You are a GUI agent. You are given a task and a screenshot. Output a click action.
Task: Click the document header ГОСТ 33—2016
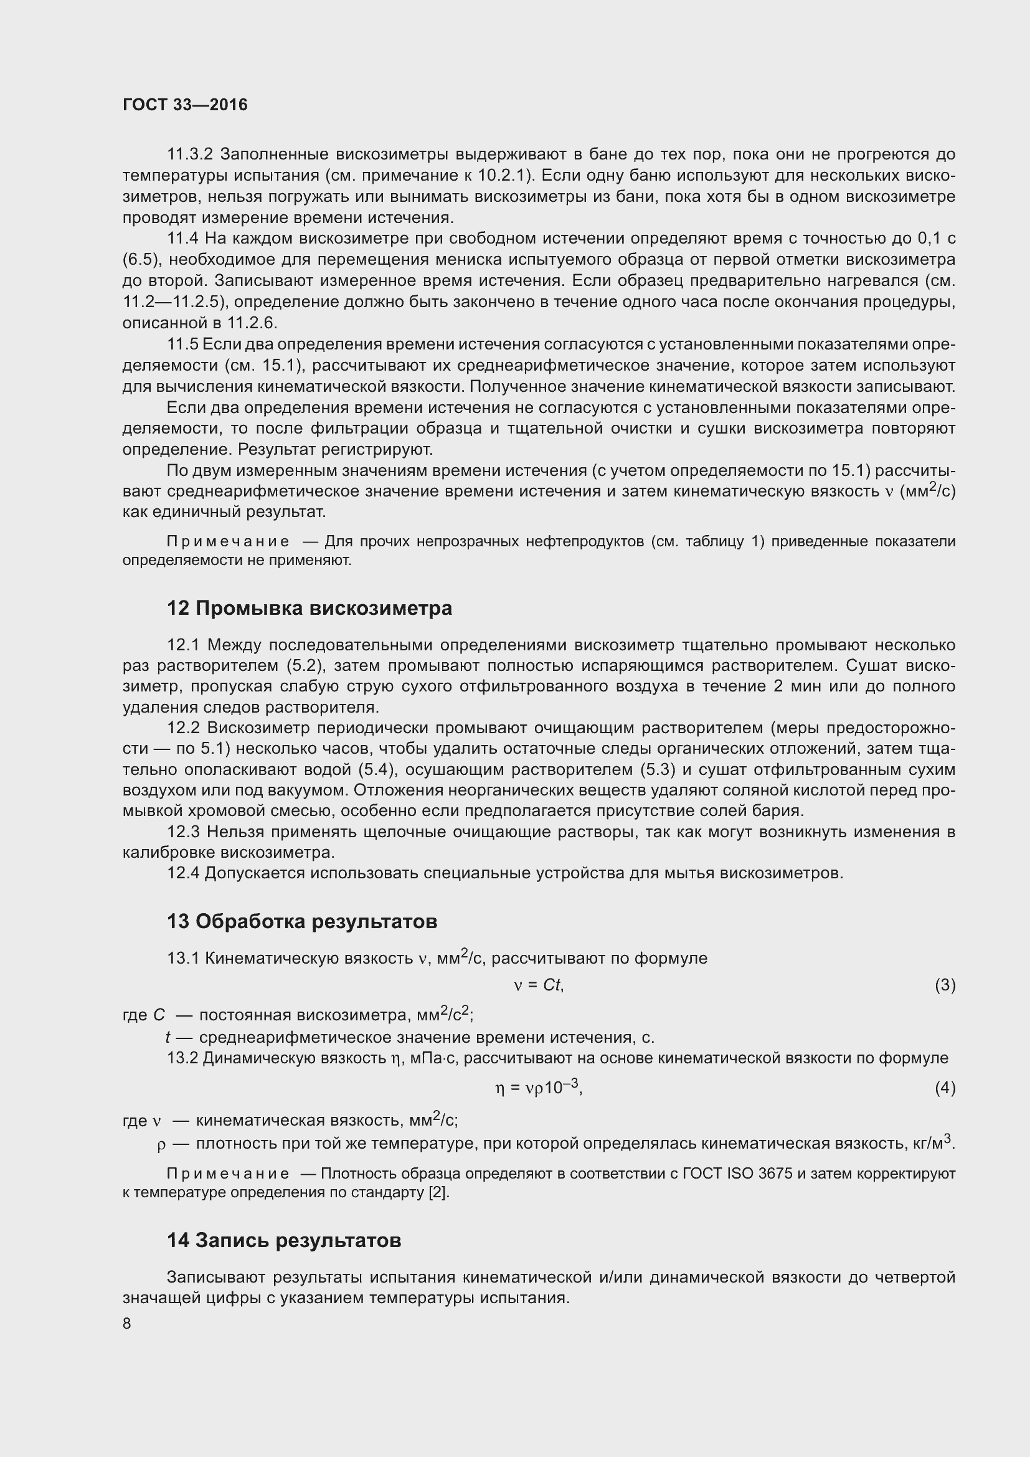[x=184, y=105]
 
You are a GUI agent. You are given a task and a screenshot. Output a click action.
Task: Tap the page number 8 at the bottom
[x=127, y=1323]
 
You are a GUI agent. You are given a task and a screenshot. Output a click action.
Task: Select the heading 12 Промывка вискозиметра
[x=309, y=608]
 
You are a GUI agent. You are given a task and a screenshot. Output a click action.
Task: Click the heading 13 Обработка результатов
[x=302, y=921]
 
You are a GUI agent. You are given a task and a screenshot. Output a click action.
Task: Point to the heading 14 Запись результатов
[x=284, y=1240]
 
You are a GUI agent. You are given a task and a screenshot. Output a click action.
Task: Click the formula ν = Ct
[x=539, y=985]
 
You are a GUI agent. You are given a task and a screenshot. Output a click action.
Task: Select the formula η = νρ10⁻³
[x=539, y=1088]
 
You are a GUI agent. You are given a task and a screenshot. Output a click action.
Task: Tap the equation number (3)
[x=945, y=985]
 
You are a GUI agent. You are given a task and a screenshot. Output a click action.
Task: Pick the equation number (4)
[x=945, y=1088]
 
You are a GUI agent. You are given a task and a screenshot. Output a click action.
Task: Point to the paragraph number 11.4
[x=182, y=239]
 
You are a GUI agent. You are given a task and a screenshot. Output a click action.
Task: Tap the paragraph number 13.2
[x=182, y=1058]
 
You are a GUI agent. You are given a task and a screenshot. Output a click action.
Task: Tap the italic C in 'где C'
[x=159, y=1015]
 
